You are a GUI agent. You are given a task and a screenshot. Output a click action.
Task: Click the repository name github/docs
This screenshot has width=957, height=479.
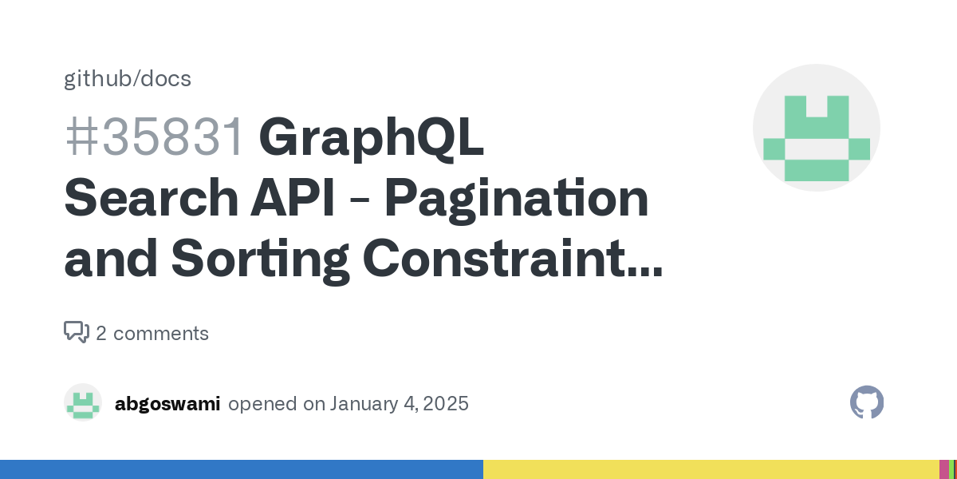click(x=128, y=79)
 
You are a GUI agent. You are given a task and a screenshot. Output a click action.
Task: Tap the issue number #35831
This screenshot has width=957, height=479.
click(x=154, y=137)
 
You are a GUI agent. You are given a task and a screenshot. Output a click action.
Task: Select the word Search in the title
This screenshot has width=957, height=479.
click(x=152, y=198)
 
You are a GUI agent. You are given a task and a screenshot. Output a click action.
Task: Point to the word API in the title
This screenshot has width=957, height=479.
click(x=293, y=198)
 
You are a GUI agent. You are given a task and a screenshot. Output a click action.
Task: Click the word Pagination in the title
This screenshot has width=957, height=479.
click(x=517, y=200)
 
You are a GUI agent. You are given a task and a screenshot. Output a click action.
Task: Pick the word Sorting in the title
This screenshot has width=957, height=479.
click(x=261, y=260)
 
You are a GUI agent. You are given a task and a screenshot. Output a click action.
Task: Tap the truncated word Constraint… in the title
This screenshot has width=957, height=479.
click(x=513, y=258)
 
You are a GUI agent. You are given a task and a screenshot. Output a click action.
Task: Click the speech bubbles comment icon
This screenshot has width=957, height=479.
click(x=77, y=332)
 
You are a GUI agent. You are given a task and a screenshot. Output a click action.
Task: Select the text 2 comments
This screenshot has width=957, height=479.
click(x=152, y=333)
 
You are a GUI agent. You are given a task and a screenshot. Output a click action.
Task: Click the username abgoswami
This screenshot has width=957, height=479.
click(x=167, y=404)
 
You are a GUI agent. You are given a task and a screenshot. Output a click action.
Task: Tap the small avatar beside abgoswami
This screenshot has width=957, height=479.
click(x=83, y=402)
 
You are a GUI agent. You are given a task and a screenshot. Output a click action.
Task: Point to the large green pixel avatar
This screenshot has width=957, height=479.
click(x=817, y=128)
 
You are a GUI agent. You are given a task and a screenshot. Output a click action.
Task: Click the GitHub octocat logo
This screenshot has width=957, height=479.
click(x=867, y=402)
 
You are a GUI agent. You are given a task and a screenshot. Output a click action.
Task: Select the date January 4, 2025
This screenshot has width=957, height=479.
click(x=399, y=404)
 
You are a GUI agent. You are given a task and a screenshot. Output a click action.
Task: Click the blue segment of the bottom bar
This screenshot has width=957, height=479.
click(x=242, y=469)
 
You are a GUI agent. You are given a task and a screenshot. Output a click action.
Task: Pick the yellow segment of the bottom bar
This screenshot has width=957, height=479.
click(x=711, y=469)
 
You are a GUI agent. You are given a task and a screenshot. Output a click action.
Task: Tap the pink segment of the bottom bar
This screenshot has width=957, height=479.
click(x=943, y=469)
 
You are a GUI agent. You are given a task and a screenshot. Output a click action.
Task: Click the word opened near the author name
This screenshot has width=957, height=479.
click(x=262, y=405)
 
